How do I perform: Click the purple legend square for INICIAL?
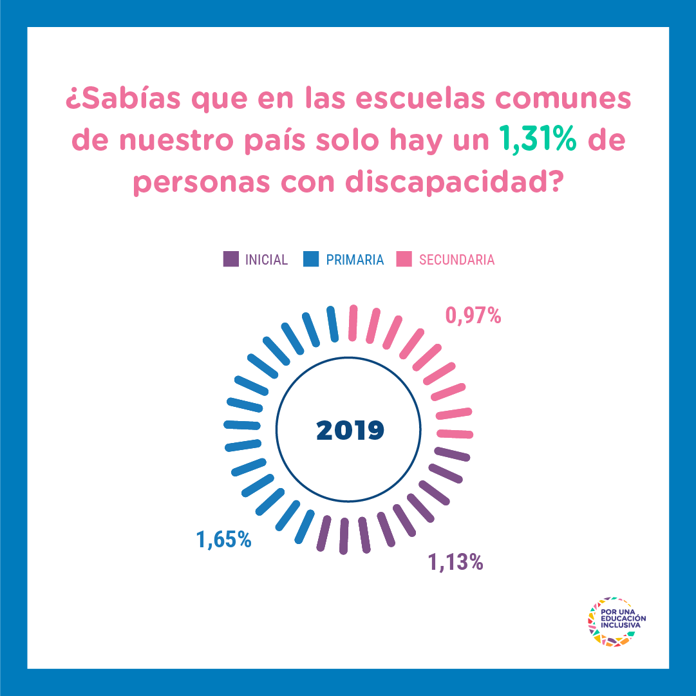click(231, 259)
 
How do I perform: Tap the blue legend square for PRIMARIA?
click(310, 259)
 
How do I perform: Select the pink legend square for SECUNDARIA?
click(404, 259)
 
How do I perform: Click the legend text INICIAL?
click(267, 260)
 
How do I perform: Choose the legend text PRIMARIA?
click(355, 260)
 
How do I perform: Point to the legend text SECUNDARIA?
click(456, 260)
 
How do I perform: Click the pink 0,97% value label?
click(473, 315)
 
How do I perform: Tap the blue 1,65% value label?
click(224, 539)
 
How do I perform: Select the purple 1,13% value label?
click(456, 562)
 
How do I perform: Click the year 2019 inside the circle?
click(350, 430)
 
